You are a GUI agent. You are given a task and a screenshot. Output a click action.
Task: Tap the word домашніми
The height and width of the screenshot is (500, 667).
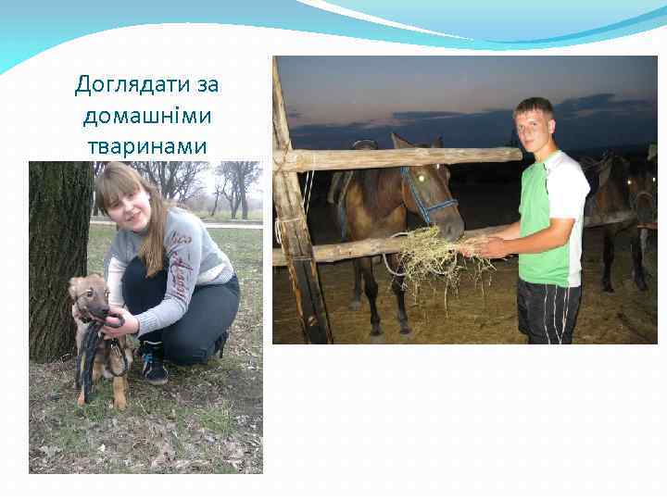(147, 116)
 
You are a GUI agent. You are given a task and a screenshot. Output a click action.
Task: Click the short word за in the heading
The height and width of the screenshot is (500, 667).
(208, 85)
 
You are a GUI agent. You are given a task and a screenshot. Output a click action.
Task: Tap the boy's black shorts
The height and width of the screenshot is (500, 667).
(549, 311)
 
